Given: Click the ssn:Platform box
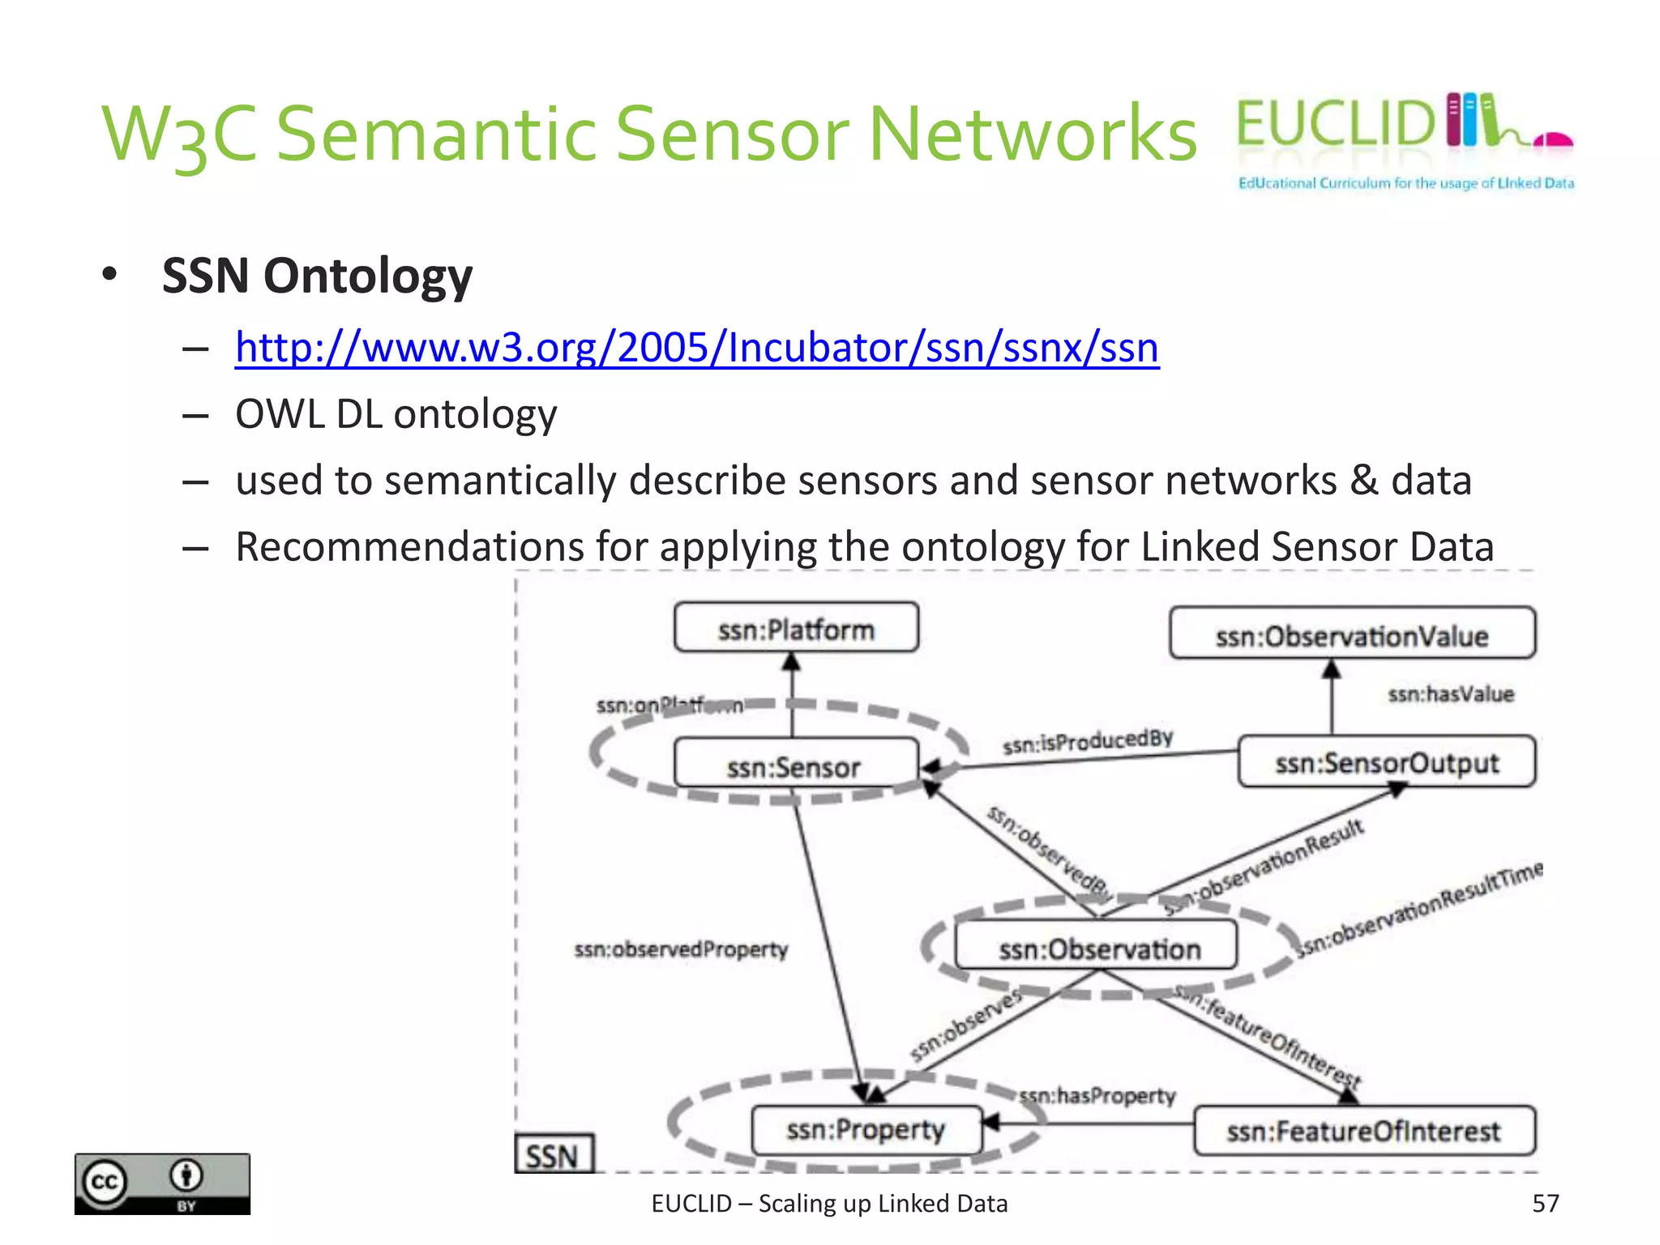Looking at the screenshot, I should coord(796,628).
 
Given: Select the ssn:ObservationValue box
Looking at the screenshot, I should coord(1351,635).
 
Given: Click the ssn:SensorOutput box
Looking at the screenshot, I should coord(1386,762).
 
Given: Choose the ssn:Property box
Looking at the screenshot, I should coord(866,1130).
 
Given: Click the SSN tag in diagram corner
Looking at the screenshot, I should coord(553,1154).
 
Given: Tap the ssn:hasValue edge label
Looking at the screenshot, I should coord(1450,694).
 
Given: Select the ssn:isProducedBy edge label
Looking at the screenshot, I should coord(1087,741).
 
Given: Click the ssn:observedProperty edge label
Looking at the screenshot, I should coord(681,948).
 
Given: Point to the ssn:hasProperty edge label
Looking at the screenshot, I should coord(1097,1096).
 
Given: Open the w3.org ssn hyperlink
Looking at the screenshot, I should coord(696,348).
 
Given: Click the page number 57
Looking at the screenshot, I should coord(1545,1203).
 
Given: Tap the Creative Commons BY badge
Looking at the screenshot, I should coord(162,1183).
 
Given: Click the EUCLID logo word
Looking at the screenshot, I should coord(1334,124).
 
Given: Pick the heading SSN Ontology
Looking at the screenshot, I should coord(317,276).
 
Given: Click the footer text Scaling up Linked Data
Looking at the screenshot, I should coord(883,1204).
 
